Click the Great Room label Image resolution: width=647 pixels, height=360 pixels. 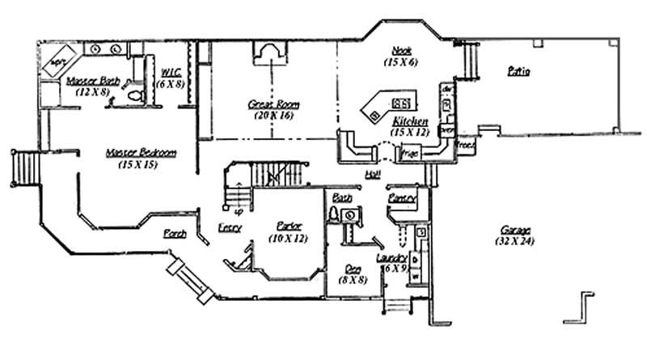(267, 105)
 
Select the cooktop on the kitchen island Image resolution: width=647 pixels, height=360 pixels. (400, 103)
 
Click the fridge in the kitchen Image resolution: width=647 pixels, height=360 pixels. (409, 151)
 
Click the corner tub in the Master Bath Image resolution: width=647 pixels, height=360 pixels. (58, 61)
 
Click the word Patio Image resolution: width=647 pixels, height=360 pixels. (518, 71)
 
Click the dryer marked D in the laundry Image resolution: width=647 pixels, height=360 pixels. (414, 260)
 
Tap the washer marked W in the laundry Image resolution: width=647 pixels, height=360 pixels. (415, 276)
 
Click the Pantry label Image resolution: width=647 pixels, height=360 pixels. (402, 197)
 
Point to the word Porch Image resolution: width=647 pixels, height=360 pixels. (175, 234)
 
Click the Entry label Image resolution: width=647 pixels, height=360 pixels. (230, 227)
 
